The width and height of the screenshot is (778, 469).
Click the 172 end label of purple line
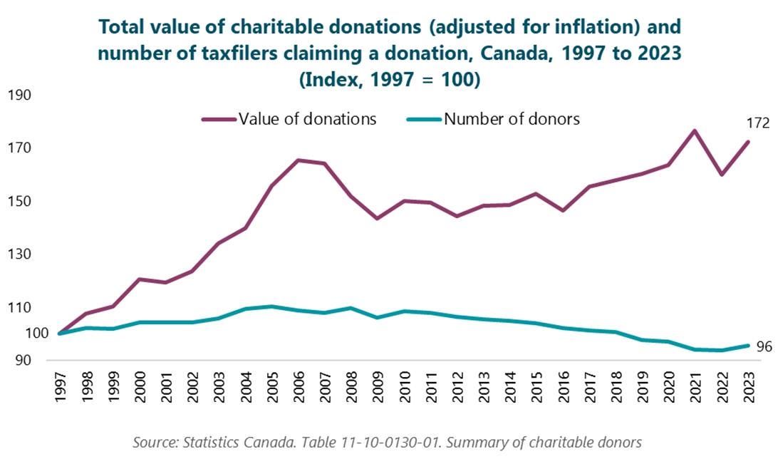758,123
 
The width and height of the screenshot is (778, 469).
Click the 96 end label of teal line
764,347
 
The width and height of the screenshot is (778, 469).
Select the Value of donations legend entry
307,119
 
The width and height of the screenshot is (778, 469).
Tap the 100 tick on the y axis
19,334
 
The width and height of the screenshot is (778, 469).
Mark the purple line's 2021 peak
695,130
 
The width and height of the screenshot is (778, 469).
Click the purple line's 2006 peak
299,160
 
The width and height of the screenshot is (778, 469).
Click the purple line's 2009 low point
378,218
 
